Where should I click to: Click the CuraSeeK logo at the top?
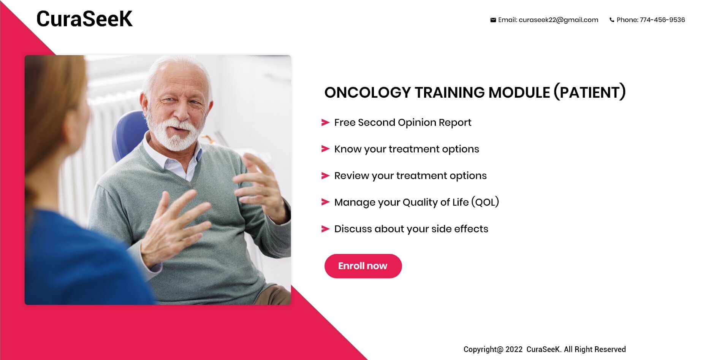[x=84, y=19]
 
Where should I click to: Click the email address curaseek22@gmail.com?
[x=558, y=20]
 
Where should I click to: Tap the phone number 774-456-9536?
[x=662, y=20]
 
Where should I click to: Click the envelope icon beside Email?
[x=493, y=20]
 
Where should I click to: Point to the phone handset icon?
[x=612, y=20]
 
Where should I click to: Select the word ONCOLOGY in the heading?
[x=367, y=92]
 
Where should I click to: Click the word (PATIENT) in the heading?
[x=589, y=92]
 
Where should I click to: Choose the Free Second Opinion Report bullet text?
[x=402, y=122]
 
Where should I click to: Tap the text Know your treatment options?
[x=407, y=149]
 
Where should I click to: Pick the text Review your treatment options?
[x=410, y=176]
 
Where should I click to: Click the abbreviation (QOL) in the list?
[x=485, y=202]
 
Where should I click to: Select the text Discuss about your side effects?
[x=411, y=229]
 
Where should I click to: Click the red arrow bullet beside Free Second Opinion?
[x=325, y=122]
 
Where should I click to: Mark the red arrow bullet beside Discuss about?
[x=325, y=229]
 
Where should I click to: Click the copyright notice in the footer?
[x=545, y=349]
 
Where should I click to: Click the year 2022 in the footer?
[x=514, y=349]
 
